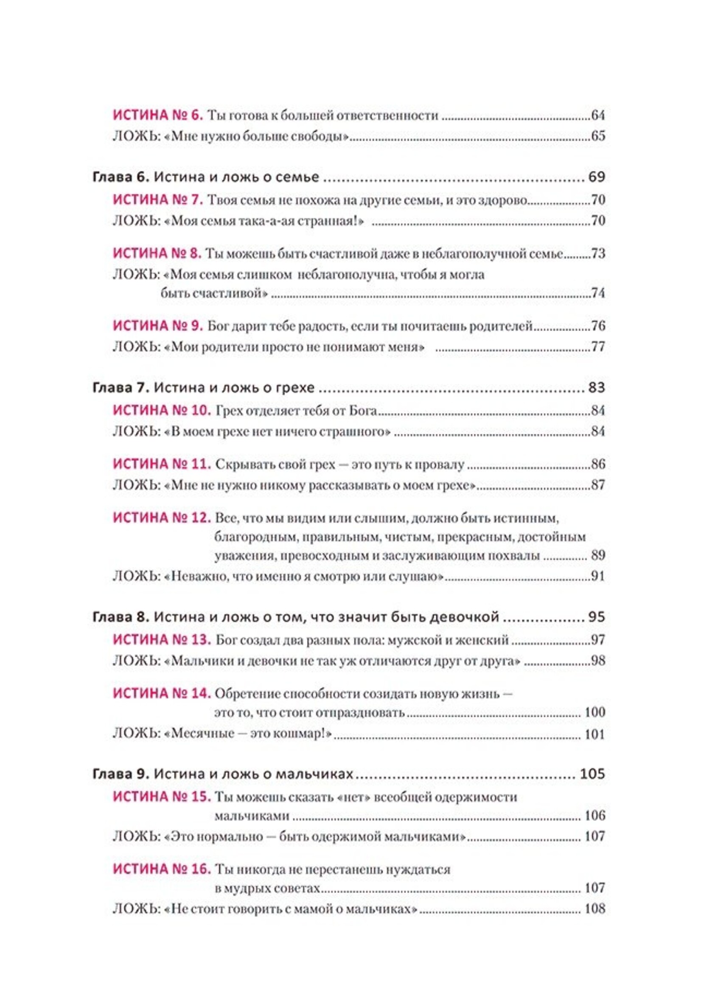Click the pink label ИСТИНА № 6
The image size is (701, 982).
tap(157, 115)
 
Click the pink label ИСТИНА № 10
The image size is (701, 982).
tap(162, 410)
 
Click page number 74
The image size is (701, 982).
tap(598, 293)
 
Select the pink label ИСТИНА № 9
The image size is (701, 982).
tap(157, 326)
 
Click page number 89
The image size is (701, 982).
tap(598, 555)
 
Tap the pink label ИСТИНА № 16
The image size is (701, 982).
tap(162, 869)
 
